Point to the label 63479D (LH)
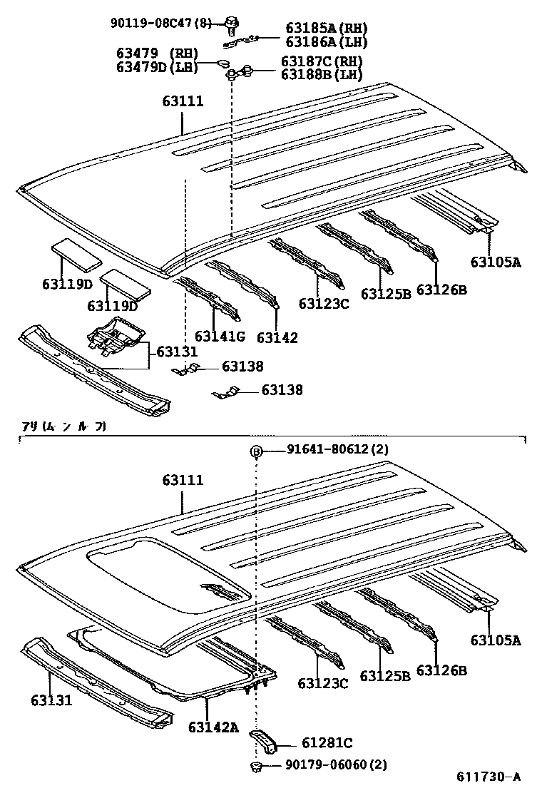(x=156, y=68)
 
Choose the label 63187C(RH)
(x=321, y=61)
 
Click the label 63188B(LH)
(x=321, y=74)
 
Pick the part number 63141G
(x=220, y=336)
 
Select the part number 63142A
(x=213, y=727)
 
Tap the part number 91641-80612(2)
(x=338, y=449)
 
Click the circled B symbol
(x=256, y=451)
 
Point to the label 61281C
(x=327, y=743)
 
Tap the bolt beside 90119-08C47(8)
(x=231, y=25)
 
